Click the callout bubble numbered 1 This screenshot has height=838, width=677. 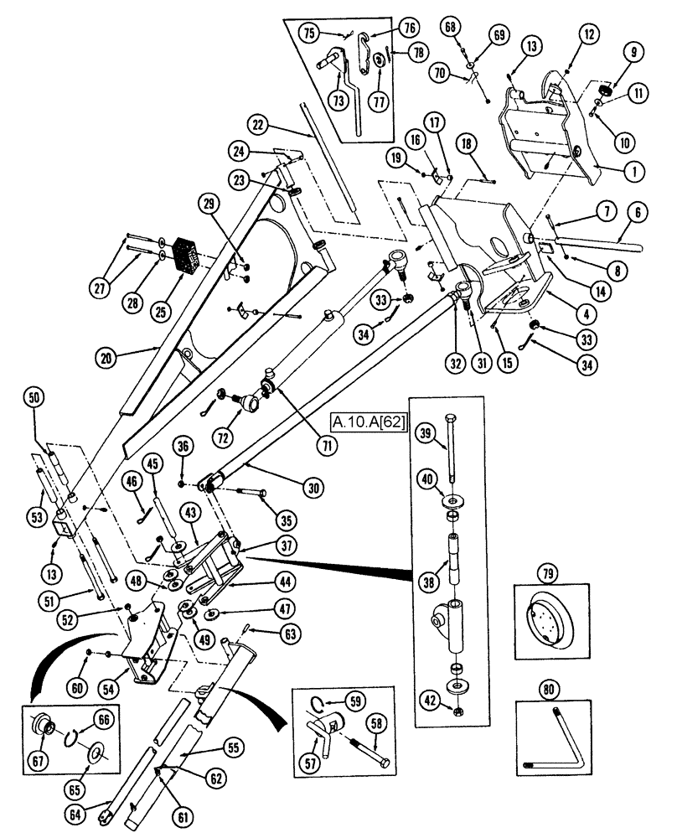pyautogui.click(x=634, y=169)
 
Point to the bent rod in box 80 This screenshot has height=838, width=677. pyautogui.click(x=550, y=741)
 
